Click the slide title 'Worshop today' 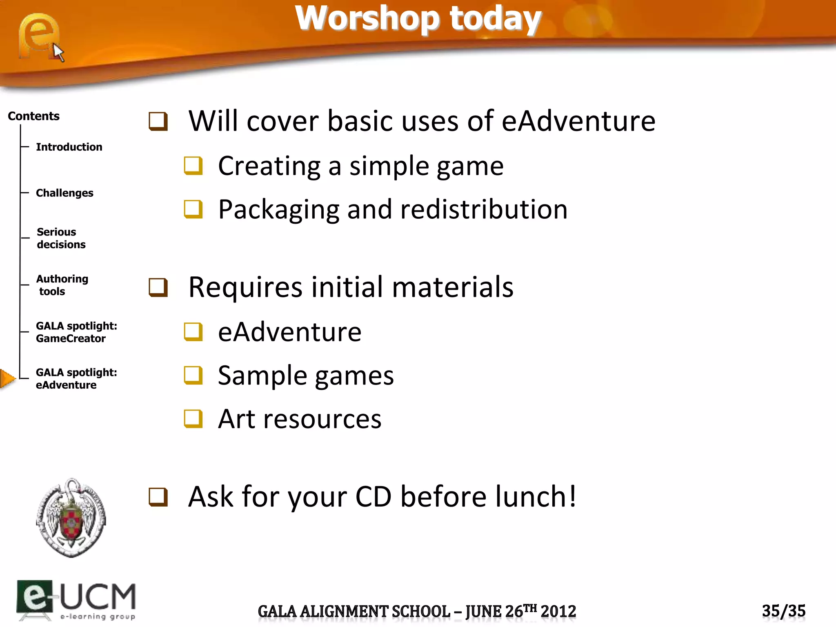pos(418,19)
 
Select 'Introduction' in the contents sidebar pos(69,147)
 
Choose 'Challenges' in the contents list pos(64,193)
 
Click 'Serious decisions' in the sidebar pos(61,238)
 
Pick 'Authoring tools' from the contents pos(62,285)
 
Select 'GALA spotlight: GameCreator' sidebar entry pos(76,332)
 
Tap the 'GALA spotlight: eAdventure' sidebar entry pos(76,379)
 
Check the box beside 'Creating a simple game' pos(193,166)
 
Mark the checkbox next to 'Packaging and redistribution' pos(193,209)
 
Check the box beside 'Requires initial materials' pos(158,287)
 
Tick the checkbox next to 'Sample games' pos(193,375)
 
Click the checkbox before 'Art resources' pos(193,418)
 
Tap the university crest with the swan pos(71,518)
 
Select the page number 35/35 pos(783,611)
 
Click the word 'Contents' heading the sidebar pos(33,116)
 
